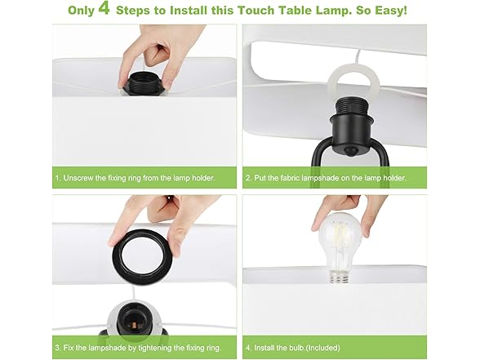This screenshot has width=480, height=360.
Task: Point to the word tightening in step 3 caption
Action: [164, 349]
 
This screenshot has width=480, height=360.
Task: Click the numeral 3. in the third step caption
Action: [58, 349]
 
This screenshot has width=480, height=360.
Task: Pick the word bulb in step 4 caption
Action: [302, 349]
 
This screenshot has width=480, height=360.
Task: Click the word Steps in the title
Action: [154, 11]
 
